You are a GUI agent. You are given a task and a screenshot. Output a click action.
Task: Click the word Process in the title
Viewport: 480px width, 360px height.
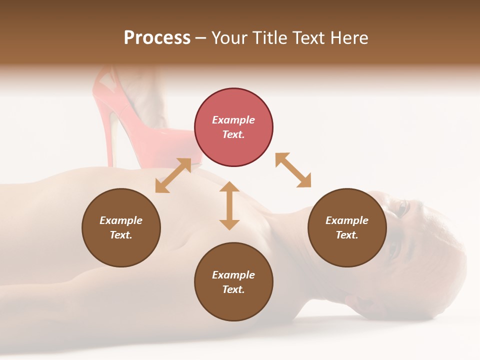click(x=157, y=38)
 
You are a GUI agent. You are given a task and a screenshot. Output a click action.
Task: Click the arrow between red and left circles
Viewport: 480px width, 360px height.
click(x=173, y=175)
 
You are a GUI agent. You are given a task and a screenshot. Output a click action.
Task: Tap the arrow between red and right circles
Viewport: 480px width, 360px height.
click(x=293, y=170)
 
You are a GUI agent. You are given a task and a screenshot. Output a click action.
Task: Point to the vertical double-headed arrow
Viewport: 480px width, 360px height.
click(x=229, y=205)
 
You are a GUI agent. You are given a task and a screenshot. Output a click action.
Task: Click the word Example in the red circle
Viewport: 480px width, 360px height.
click(x=233, y=120)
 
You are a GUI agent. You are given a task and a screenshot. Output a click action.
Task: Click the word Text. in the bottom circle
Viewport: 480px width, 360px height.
click(x=233, y=289)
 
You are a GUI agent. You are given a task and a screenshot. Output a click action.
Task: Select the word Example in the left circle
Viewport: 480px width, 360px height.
click(x=121, y=220)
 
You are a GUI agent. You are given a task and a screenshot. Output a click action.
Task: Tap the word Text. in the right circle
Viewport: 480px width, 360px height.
click(x=347, y=235)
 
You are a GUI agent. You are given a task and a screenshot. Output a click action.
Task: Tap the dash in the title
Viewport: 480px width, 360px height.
click(x=200, y=38)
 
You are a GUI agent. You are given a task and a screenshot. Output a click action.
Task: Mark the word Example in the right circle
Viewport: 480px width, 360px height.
click(x=347, y=220)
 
